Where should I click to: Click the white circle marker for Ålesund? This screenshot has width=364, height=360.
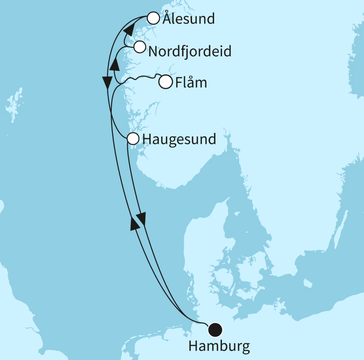tap(153, 18)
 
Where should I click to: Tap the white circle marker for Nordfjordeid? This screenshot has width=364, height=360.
tap(140, 47)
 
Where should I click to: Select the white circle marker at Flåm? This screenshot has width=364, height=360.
tap(166, 82)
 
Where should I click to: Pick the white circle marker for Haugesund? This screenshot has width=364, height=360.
tap(133, 139)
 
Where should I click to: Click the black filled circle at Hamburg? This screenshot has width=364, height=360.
tap(215, 329)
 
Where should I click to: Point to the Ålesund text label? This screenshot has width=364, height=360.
tap(188, 19)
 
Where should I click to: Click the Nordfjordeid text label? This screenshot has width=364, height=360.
tap(190, 52)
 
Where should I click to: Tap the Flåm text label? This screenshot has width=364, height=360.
tap(191, 83)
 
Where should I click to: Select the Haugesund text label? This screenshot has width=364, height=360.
tap(179, 139)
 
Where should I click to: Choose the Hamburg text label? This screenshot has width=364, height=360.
tap(219, 346)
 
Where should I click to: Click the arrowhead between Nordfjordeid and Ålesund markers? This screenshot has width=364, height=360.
tap(129, 29)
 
